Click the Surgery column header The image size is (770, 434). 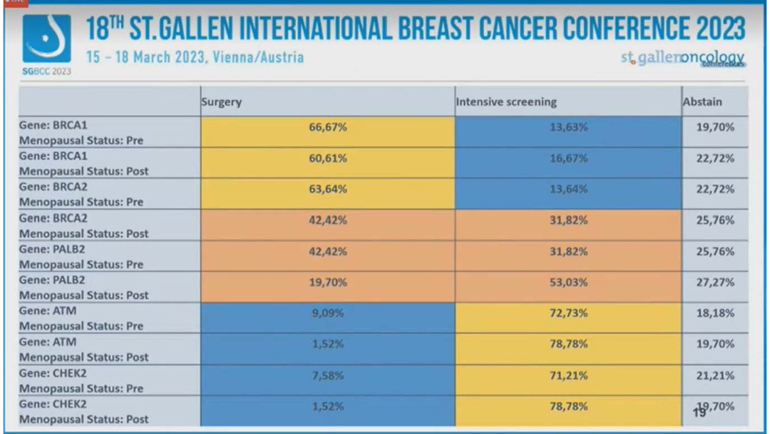click(222, 101)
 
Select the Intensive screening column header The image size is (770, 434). click(506, 101)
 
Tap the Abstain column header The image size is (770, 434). click(702, 101)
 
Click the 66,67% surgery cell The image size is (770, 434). click(327, 127)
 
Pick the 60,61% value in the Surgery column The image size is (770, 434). click(327, 158)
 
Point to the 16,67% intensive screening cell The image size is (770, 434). click(568, 158)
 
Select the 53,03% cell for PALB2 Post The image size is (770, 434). click(568, 282)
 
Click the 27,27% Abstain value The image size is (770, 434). click(715, 282)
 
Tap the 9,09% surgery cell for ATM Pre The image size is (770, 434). click(327, 313)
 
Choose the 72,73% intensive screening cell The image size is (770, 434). click(568, 313)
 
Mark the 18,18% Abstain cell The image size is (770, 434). click(715, 313)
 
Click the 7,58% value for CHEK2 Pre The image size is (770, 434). click(327, 375)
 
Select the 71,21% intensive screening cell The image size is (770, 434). click(568, 375)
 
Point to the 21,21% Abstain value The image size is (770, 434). click(715, 375)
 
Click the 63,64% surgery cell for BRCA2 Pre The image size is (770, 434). click(327, 189)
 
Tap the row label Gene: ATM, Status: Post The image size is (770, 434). click(84, 349)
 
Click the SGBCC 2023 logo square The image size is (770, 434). click(47, 40)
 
